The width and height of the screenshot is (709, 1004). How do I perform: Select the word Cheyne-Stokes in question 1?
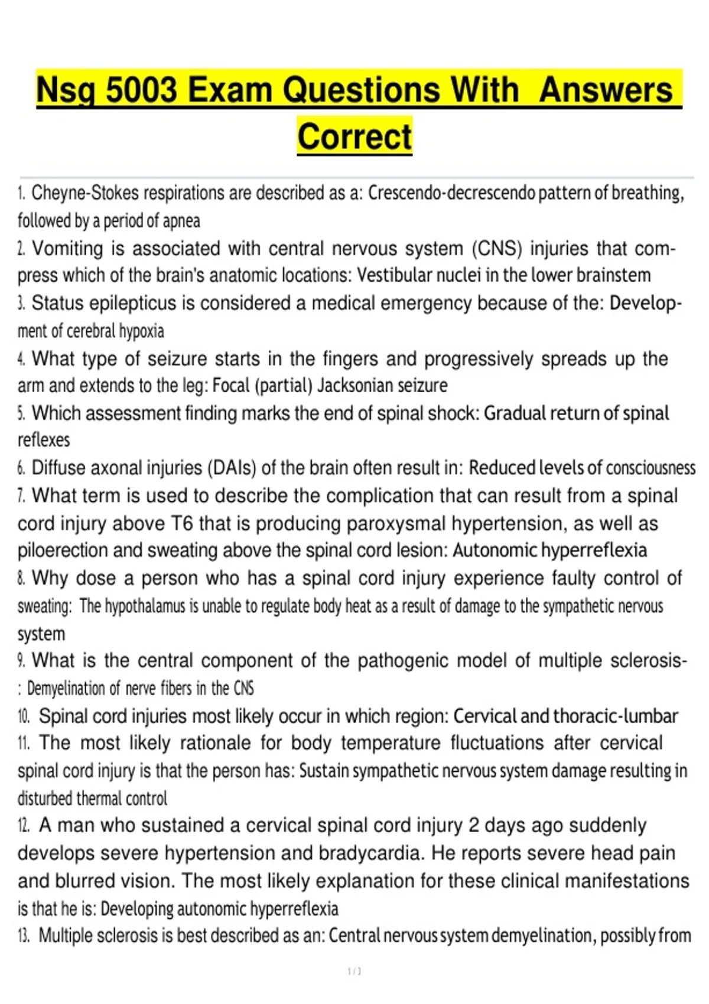click(85, 193)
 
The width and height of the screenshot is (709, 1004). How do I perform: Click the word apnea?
click(181, 221)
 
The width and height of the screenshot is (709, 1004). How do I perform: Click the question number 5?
click(21, 413)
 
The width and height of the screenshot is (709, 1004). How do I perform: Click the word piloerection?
click(63, 550)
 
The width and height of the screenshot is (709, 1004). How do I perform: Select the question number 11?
click(24, 743)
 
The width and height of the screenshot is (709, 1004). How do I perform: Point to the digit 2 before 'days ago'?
click(473, 826)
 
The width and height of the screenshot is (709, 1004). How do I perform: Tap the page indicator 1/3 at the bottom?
click(354, 972)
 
